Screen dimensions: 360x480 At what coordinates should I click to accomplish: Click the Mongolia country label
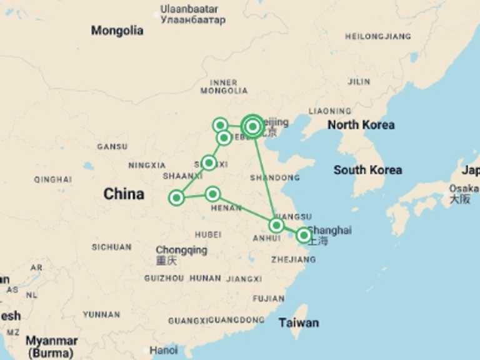pyautogui.click(x=117, y=31)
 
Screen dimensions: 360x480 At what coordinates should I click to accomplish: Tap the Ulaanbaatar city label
pyautogui.click(x=189, y=9)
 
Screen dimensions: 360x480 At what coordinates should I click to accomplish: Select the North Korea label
pyautogui.click(x=361, y=125)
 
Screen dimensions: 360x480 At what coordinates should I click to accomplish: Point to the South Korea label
pyautogui.click(x=367, y=170)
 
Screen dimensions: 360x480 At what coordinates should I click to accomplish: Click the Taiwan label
pyautogui.click(x=299, y=323)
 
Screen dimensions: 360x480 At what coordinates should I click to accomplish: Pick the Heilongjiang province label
pyautogui.click(x=377, y=37)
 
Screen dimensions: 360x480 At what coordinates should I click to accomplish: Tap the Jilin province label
pyautogui.click(x=359, y=82)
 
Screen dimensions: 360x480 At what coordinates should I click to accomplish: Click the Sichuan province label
pyautogui.click(x=111, y=247)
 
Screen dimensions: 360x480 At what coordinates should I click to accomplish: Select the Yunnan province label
pyautogui.click(x=101, y=314)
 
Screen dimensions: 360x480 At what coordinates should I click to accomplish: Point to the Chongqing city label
pyautogui.click(x=181, y=250)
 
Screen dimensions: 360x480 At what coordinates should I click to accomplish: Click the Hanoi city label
pyautogui.click(x=163, y=350)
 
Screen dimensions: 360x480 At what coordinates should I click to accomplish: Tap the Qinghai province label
pyautogui.click(x=53, y=179)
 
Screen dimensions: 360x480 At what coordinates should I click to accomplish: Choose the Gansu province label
pyautogui.click(x=112, y=147)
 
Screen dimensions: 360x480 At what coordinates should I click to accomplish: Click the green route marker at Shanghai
pyautogui.click(x=303, y=235)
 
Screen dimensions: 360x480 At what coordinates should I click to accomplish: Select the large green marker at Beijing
pyautogui.click(x=252, y=126)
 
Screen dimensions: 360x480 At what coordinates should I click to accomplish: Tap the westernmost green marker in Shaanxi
pyautogui.click(x=176, y=198)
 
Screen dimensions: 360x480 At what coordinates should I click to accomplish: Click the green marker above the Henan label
pyautogui.click(x=212, y=194)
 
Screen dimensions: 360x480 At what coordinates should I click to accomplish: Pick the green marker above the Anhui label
pyautogui.click(x=276, y=225)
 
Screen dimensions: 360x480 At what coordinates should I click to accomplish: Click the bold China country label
pyautogui.click(x=124, y=194)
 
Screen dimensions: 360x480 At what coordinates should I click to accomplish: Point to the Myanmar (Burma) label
pyautogui.click(x=51, y=346)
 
